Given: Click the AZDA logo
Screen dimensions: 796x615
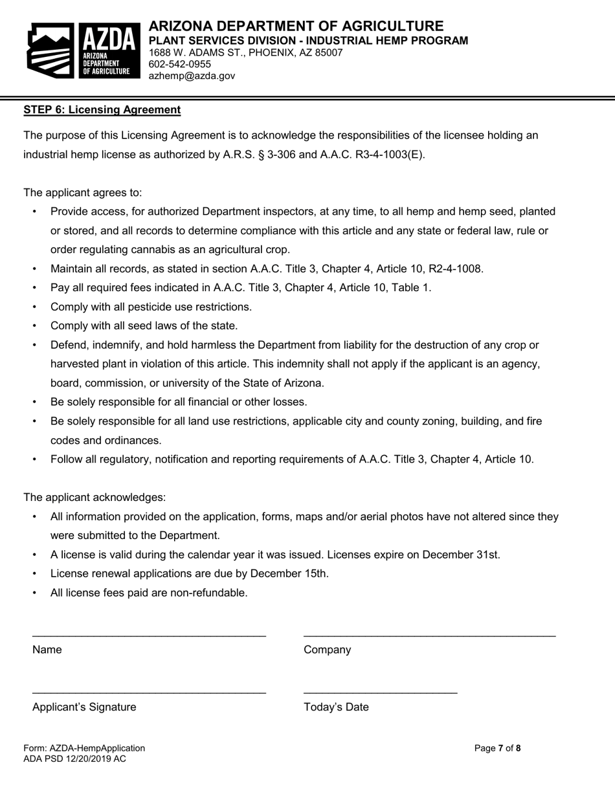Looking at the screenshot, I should [x=84, y=50].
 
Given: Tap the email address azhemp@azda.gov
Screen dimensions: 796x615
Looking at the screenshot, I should [x=192, y=76].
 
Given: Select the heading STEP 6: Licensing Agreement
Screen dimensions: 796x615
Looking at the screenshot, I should [x=102, y=109].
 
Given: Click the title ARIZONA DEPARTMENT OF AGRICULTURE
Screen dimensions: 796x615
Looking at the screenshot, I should [x=296, y=26].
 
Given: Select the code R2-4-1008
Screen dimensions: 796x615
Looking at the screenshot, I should [x=456, y=269].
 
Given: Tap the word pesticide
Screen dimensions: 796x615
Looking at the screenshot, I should [x=146, y=307].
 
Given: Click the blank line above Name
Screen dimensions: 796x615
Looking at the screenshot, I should [x=149, y=636].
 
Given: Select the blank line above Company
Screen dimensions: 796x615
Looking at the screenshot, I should [x=429, y=636].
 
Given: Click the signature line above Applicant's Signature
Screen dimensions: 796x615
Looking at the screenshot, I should [x=149, y=692].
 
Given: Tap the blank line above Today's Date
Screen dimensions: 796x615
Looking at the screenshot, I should [x=380, y=692].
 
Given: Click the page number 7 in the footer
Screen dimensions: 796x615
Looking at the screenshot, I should [x=500, y=748].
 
